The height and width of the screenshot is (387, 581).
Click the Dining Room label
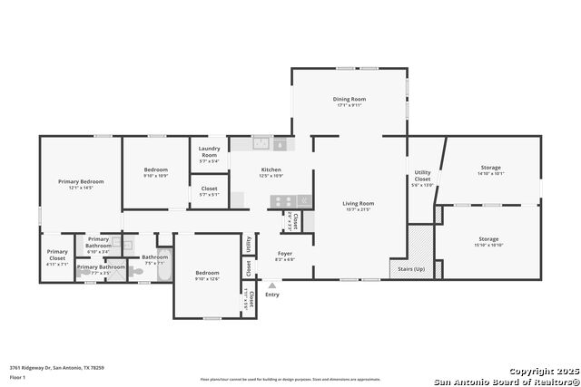point(349,99)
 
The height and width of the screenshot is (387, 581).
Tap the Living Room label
point(358,203)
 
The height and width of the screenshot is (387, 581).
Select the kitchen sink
point(261,143)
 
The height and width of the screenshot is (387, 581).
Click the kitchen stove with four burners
point(282,201)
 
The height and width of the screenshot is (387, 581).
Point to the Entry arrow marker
point(271,285)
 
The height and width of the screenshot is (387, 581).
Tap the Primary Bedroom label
point(81,181)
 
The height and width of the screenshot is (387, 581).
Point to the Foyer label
point(285,254)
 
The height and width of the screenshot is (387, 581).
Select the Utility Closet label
point(422,175)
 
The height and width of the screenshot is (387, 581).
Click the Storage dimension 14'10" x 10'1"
point(490,174)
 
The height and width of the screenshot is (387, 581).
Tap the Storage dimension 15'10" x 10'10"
point(490,245)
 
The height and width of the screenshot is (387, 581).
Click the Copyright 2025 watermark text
point(543,372)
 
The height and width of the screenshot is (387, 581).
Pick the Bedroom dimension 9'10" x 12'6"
point(207,278)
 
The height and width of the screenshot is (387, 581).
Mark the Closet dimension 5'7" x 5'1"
point(209,194)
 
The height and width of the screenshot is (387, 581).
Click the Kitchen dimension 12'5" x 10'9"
point(271,175)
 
